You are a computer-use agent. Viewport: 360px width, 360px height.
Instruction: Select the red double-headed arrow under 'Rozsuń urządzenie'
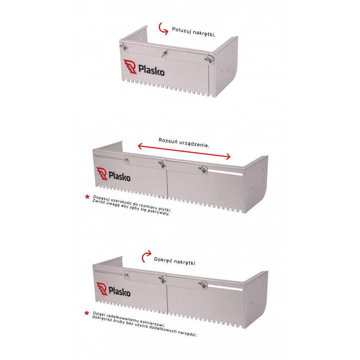tap(184, 151)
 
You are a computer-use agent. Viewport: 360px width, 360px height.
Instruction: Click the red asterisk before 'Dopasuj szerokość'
tap(87, 197)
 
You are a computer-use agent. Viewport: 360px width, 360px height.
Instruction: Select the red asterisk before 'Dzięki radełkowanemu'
tap(86, 313)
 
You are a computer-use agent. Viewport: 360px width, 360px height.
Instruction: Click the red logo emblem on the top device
tap(130, 67)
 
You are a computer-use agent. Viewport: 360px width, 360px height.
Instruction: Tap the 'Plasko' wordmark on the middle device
tap(120, 176)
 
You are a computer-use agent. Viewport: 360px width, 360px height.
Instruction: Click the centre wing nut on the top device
tap(164, 54)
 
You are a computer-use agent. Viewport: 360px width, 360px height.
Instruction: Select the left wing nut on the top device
tap(124, 47)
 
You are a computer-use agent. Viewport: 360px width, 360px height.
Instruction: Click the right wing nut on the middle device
tap(202, 169)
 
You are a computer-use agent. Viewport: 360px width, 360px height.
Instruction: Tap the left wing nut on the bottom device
tap(126, 274)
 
